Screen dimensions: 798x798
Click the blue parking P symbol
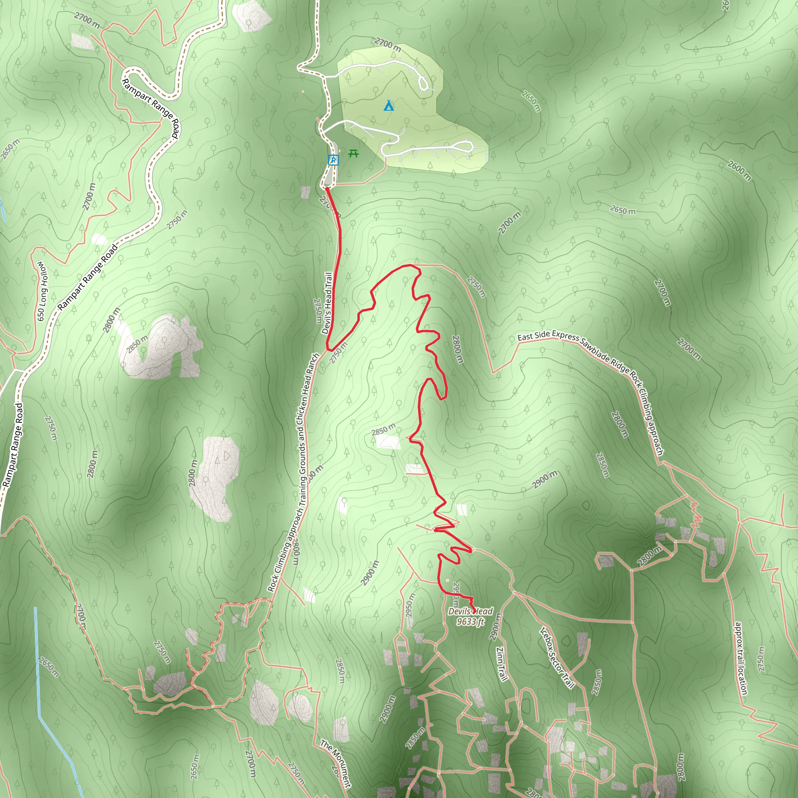pyautogui.click(x=333, y=160)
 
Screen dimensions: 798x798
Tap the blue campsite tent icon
pyautogui.click(x=388, y=106)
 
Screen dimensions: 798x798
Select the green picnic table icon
pyautogui.click(x=353, y=154)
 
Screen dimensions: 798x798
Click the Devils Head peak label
pyautogui.click(x=470, y=611)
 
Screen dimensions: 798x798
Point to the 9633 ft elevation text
pyautogui.click(x=470, y=621)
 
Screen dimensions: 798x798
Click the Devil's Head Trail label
pyautogui.click(x=327, y=303)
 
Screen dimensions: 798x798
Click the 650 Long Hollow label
pyautogui.click(x=42, y=291)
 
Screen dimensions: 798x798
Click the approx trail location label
pyautogui.click(x=741, y=659)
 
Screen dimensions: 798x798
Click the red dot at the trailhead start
pyautogui.click(x=327, y=189)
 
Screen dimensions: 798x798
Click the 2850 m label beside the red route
pyautogui.click(x=383, y=429)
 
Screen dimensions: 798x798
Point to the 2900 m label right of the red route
pyautogui.click(x=544, y=480)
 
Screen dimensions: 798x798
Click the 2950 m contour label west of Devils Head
pyautogui.click(x=410, y=606)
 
